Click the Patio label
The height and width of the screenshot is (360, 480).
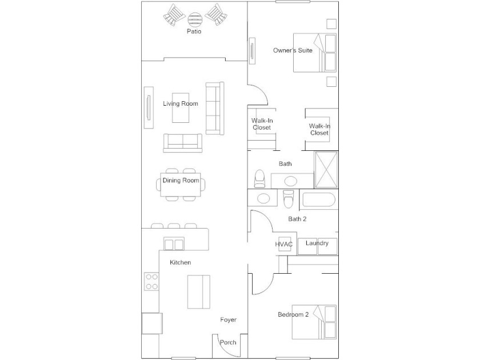tap(194, 31)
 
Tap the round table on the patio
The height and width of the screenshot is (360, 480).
tap(195, 19)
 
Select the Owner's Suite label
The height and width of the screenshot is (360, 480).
tap(293, 50)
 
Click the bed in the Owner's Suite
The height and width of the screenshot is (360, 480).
tap(315, 53)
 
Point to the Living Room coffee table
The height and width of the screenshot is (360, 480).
tap(181, 108)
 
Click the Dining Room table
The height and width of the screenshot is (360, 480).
tap(181, 185)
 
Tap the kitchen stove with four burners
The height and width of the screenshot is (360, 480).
tap(151, 282)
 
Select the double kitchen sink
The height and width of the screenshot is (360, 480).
tap(174, 243)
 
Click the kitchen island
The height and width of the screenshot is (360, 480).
tap(199, 292)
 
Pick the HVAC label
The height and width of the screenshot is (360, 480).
tap(284, 245)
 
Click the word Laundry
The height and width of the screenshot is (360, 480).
tap(317, 243)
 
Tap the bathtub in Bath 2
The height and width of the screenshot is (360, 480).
tap(319, 199)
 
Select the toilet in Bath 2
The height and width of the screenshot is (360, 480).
tap(289, 199)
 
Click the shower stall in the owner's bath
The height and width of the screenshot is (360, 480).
tap(326, 169)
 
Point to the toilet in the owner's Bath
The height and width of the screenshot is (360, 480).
tap(259, 179)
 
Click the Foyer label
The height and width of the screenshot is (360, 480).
tap(229, 319)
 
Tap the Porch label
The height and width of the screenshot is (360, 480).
tap(228, 342)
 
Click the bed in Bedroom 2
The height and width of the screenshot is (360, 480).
tap(314, 322)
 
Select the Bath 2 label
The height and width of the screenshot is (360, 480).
tap(297, 219)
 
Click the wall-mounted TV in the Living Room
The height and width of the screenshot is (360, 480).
tap(149, 108)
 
